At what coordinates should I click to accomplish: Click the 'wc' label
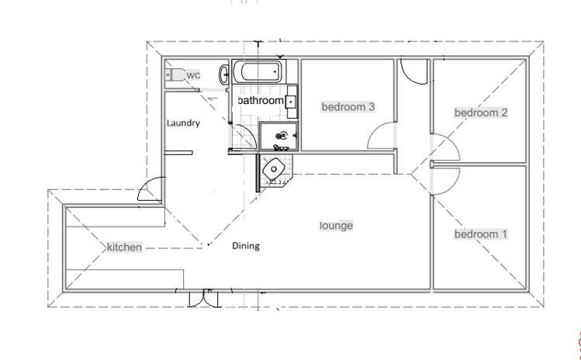[x=194, y=75]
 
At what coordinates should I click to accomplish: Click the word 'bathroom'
[x=261, y=101]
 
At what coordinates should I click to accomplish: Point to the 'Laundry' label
[x=183, y=123]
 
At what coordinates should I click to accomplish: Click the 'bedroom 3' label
[x=348, y=107]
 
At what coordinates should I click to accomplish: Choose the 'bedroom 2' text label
[x=481, y=112]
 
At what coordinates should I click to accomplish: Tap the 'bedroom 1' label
[x=481, y=234]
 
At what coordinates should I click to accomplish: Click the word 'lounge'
[x=337, y=226]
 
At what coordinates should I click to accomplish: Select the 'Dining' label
[x=246, y=246]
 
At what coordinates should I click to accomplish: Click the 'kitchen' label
[x=124, y=247]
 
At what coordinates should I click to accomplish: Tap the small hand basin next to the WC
[x=223, y=74]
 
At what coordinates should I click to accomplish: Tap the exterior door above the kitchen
[x=150, y=190]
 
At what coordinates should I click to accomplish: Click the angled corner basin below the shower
[x=275, y=168]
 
